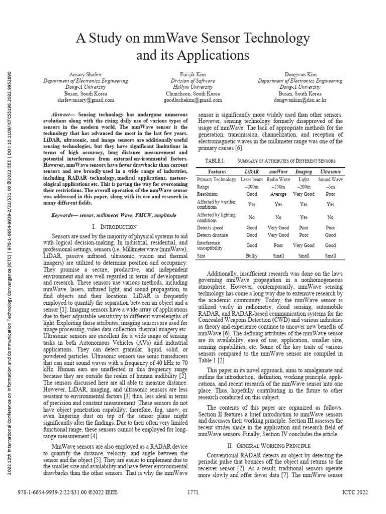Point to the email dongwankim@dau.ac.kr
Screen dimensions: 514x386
(301, 100)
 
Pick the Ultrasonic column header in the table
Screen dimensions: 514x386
(330, 172)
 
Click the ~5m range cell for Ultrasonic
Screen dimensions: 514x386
(330, 187)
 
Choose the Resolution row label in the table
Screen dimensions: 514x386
(208, 193)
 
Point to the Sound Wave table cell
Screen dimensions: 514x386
(330, 179)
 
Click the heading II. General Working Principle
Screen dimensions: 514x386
(269, 445)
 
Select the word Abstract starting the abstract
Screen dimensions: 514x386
(63, 115)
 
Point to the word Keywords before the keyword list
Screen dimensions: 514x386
(66, 214)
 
